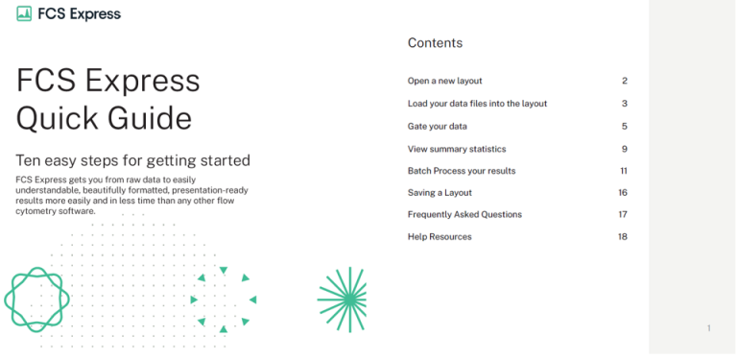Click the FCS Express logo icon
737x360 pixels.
pos(24,14)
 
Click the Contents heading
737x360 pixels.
pos(435,43)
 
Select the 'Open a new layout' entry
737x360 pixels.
pos(444,82)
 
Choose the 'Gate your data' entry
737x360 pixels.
pos(437,127)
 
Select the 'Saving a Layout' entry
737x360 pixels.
pos(440,193)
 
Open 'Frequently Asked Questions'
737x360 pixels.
pos(464,215)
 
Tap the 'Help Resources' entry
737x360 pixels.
pos(440,237)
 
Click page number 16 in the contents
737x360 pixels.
pos(623,193)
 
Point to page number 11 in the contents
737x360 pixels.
pos(623,171)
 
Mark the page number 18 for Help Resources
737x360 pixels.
pos(623,237)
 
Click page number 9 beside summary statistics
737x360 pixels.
pos(625,149)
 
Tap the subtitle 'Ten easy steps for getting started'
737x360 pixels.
pos(133,160)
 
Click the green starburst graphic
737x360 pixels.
pos(343,300)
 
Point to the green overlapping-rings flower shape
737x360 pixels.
pos(37,300)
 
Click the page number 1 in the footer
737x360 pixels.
pos(708,328)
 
